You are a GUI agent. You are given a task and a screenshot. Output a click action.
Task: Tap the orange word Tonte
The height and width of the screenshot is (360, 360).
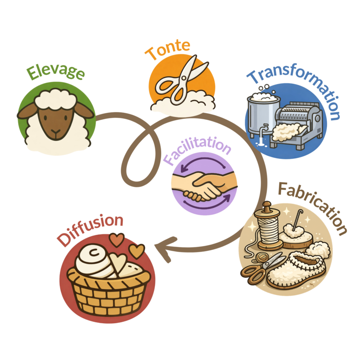point(167,49)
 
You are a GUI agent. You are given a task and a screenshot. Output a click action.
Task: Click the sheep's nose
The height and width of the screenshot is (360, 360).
point(55,132)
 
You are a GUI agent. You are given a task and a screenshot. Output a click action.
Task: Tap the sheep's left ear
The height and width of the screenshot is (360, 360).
point(27,111)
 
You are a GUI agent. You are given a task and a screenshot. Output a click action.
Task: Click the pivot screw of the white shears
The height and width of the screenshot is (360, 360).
point(184,78)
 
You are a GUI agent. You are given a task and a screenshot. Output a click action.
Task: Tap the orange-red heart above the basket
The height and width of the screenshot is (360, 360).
point(117,239)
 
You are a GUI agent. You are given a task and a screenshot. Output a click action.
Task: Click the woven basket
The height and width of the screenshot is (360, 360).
point(108,292)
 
